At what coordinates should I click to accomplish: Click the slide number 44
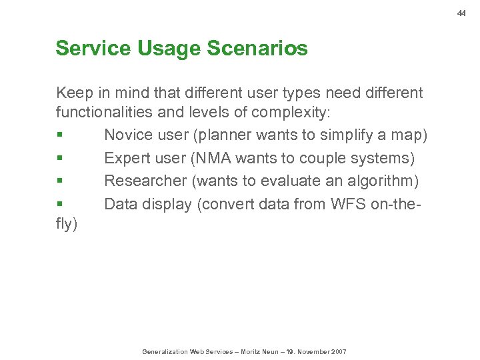coord(461,13)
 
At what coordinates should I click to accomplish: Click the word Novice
coord(129,135)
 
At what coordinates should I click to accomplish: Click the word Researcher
coord(145,181)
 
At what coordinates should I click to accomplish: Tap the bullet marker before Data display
coord(59,205)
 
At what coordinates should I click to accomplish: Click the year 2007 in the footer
coord(337,351)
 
